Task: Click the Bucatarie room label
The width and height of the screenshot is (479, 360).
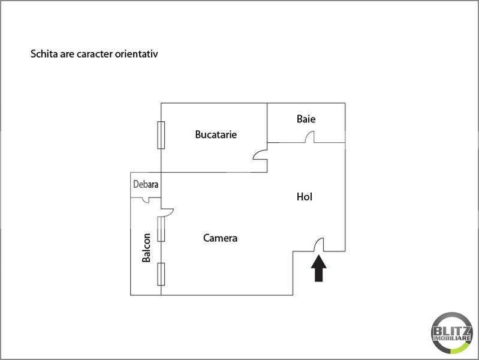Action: tap(216, 134)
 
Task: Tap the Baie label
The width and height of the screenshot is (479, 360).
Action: tap(306, 119)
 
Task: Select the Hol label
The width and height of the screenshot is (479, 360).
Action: tap(305, 196)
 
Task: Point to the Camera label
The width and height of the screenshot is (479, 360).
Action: tap(220, 238)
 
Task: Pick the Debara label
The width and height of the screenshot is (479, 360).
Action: tap(146, 184)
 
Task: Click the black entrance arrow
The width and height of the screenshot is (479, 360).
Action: tap(319, 268)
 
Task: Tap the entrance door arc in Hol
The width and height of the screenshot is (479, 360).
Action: tap(320, 244)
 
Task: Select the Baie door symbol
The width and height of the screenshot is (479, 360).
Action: tap(309, 137)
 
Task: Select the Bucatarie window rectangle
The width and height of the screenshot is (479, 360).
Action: tap(161, 135)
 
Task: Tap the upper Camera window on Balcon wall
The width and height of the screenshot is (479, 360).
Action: tap(161, 229)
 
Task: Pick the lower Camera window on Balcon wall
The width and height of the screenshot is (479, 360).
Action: tap(161, 274)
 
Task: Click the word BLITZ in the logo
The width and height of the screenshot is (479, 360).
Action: tap(451, 329)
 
